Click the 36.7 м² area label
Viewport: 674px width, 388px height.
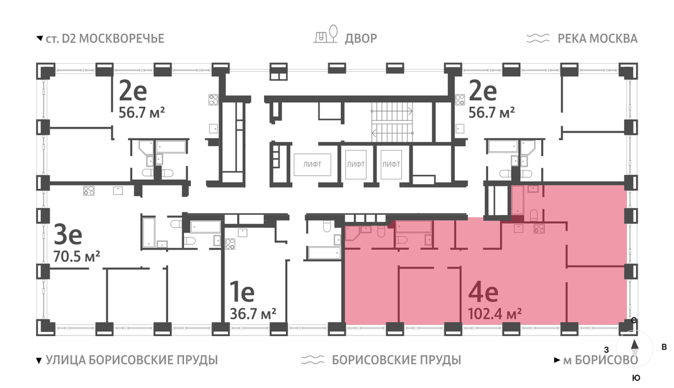(x=253, y=314)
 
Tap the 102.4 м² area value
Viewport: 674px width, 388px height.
(x=494, y=314)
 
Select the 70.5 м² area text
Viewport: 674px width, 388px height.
(x=77, y=256)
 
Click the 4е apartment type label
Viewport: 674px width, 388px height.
(x=483, y=292)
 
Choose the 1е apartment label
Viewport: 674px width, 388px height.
(x=242, y=292)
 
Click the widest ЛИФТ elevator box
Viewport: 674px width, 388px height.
(x=312, y=164)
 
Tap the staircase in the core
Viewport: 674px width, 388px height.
(x=392, y=122)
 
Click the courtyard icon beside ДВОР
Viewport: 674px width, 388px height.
(x=326, y=34)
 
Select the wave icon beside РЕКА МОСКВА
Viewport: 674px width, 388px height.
(x=538, y=38)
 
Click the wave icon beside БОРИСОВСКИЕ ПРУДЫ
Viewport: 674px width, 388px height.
(x=313, y=360)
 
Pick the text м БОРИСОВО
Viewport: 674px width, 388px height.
(x=600, y=360)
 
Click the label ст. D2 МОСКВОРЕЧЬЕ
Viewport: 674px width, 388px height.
(x=105, y=39)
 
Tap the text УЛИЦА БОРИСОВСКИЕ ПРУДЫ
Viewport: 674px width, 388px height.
(x=132, y=360)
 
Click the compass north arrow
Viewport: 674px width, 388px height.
(x=635, y=344)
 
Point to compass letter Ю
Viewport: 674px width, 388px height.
(x=636, y=377)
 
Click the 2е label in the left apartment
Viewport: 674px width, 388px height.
(x=133, y=91)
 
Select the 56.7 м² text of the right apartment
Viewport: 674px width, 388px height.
(x=492, y=112)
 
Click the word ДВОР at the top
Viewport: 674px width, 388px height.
(x=361, y=39)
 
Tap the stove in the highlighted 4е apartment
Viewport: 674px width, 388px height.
(x=539, y=229)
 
